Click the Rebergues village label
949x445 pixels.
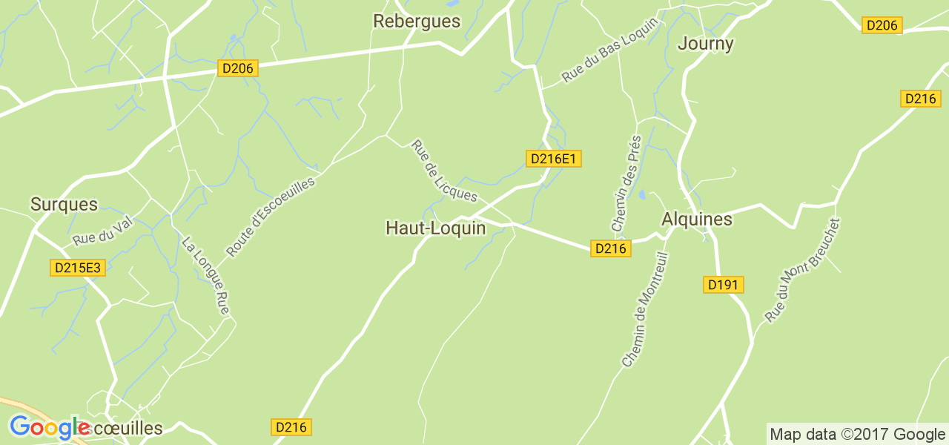[417, 22]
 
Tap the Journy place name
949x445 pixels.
[706, 44]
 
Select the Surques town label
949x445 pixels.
[64, 204]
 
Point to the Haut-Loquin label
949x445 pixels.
[435, 228]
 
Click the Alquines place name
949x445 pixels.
[696, 220]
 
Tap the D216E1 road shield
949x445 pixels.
[553, 159]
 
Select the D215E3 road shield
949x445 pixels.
[78, 268]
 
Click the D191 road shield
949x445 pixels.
[723, 285]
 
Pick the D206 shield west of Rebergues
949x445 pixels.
[238, 69]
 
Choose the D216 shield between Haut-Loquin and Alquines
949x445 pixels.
[610, 248]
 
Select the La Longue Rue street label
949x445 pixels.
[205, 275]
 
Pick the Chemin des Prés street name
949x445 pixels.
[625, 182]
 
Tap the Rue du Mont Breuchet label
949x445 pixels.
[803, 270]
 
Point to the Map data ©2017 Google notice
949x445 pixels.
[857, 434]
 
